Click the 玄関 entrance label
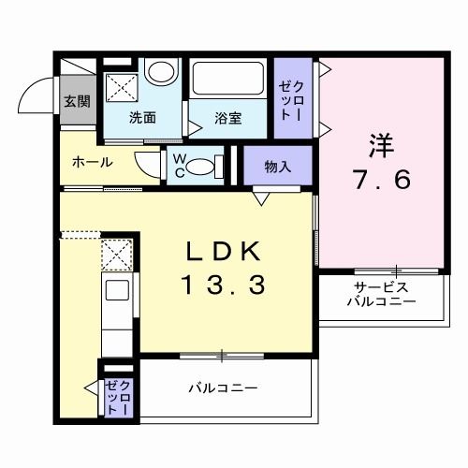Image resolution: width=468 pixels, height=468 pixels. pyautogui.click(x=77, y=102)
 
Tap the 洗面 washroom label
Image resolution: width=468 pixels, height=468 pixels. pyautogui.click(x=142, y=118)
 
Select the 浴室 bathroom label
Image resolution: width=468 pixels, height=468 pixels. pyautogui.click(x=228, y=118)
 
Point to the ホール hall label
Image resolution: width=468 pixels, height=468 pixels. pyautogui.click(x=93, y=162)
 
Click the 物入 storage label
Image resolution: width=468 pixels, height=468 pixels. pyautogui.click(x=277, y=168)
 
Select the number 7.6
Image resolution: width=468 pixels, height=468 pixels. pyautogui.click(x=382, y=180)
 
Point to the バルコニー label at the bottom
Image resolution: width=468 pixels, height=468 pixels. pyautogui.click(x=223, y=387)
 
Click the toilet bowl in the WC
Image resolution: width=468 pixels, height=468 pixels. pyautogui.click(x=199, y=167)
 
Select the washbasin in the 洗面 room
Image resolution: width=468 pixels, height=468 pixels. pyautogui.click(x=162, y=72)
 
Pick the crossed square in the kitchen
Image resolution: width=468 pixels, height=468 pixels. pyautogui.click(x=117, y=254)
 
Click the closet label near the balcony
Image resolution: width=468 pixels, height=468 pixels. pyautogui.click(x=119, y=398)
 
